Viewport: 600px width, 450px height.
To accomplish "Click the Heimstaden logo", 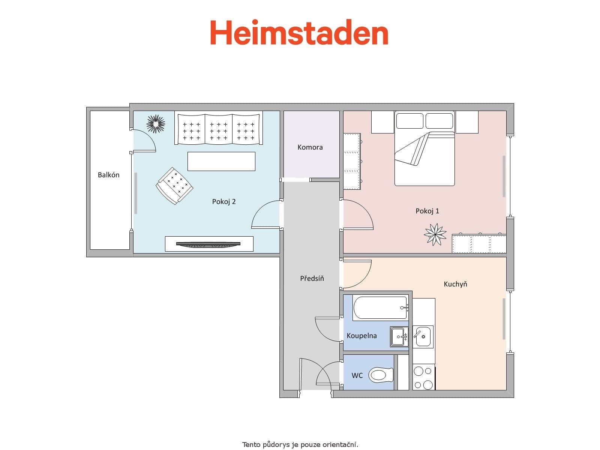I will (299, 33).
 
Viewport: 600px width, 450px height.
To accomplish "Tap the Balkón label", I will (108, 175).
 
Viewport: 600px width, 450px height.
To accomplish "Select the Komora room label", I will (310, 147).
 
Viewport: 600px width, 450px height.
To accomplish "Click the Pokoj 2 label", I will (224, 202).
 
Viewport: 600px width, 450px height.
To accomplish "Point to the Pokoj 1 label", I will (427, 211).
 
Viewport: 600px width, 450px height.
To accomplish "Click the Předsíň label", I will (312, 278).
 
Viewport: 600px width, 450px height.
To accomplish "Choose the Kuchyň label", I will (455, 284).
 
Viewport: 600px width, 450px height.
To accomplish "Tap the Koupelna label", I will (361, 336).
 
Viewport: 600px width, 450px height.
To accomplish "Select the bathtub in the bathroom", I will (380, 308).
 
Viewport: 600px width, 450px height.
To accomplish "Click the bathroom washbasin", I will (399, 336).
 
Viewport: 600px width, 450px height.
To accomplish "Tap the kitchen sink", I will (423, 336).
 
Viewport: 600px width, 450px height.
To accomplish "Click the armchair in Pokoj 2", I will (174, 186).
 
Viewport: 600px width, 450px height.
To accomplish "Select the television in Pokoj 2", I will (208, 244).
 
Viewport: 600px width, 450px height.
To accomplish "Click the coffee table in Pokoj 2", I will (221, 161).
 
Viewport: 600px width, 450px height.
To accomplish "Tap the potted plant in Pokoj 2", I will (156, 123).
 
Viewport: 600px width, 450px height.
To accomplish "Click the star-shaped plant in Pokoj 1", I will (435, 234).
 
